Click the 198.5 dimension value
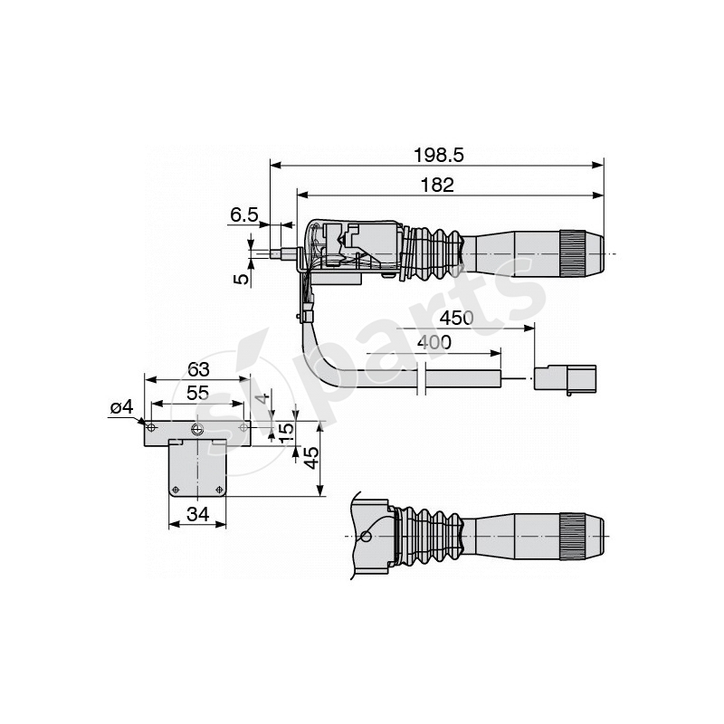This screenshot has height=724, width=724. click(x=438, y=155)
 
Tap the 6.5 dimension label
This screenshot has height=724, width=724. click(x=243, y=214)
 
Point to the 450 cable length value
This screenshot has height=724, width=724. click(x=456, y=319)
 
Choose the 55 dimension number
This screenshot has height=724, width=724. click(x=197, y=394)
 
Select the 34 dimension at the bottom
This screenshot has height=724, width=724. click(x=197, y=515)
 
